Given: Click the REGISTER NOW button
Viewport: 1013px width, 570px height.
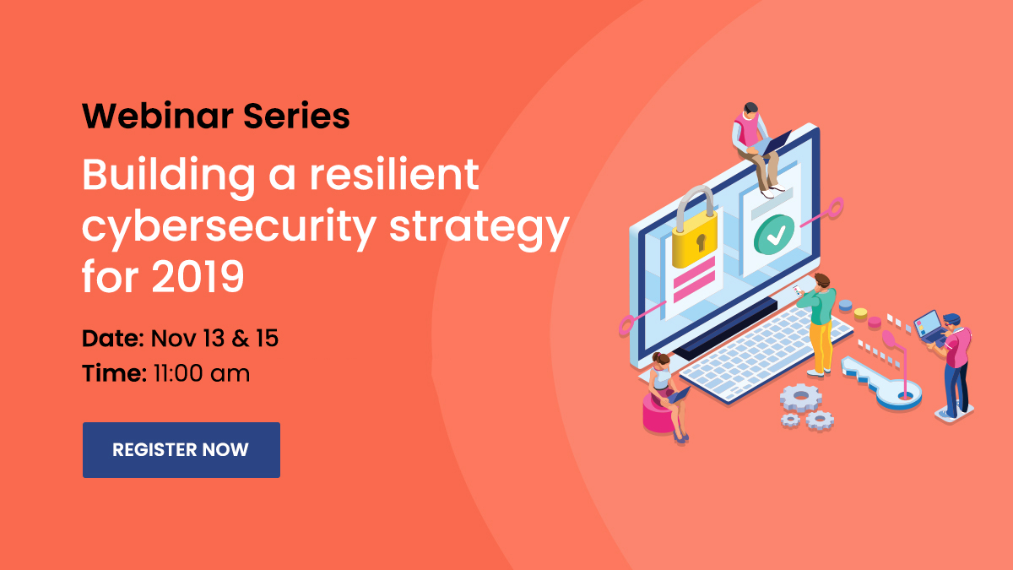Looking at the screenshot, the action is pos(181,449).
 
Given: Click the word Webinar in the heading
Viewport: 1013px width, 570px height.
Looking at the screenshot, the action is pos(157,117).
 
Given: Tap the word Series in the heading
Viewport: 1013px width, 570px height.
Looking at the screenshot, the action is pos(296,117).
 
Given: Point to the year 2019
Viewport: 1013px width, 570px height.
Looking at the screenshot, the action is pos(198,276).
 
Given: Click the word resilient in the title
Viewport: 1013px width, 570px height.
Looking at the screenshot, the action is pos(394,175).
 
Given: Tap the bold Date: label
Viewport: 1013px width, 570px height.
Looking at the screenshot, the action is pos(113,339).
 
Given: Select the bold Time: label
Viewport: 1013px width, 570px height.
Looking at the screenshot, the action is pos(115,373).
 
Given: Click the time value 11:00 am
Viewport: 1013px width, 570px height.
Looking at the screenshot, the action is pos(202,373).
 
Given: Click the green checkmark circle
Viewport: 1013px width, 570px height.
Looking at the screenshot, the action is pos(774,235).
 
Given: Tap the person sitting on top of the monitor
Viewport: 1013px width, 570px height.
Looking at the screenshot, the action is pos(757,149).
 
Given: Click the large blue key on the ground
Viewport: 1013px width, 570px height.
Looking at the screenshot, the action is pos(882,383).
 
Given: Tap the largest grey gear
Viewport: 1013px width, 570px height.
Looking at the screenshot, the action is pos(801,398).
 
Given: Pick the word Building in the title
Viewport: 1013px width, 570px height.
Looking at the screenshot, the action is pos(169,176).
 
